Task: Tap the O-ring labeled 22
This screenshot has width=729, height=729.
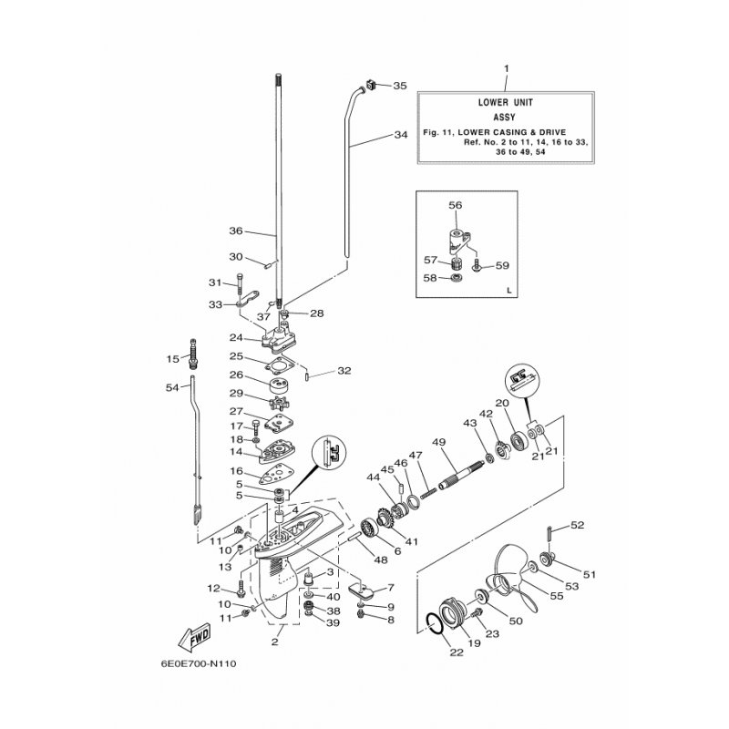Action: [x=437, y=625]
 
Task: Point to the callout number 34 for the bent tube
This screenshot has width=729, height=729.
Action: [x=400, y=136]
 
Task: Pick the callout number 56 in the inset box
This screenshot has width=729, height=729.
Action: [x=456, y=207]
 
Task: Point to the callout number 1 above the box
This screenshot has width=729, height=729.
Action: [x=507, y=68]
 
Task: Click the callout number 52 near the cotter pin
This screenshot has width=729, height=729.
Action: [x=577, y=525]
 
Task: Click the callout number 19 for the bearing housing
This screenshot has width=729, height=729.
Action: [x=474, y=643]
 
